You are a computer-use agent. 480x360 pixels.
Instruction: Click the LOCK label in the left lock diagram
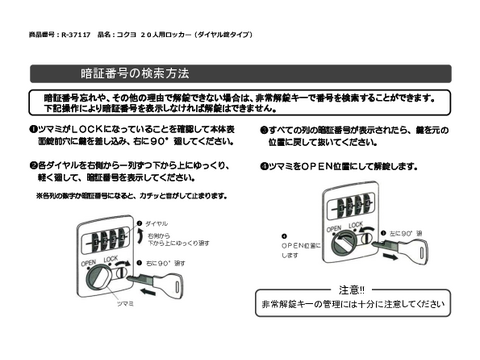[111, 259]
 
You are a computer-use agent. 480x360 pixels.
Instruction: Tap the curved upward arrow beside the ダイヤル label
[139, 232]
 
